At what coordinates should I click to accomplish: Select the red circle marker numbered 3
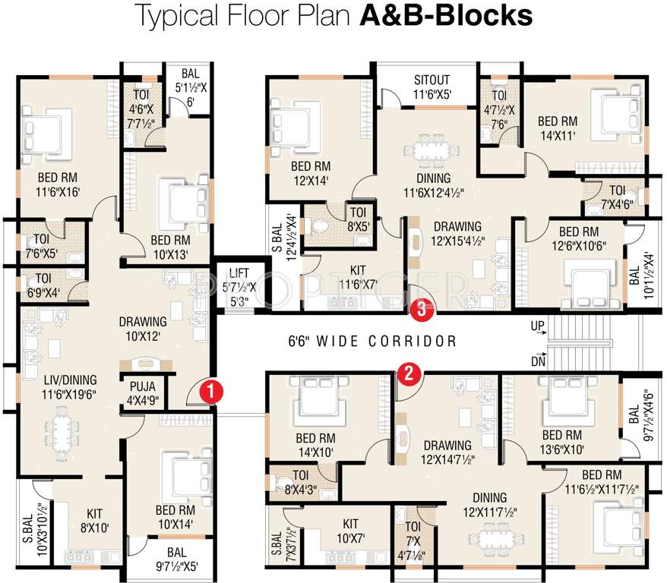(422, 309)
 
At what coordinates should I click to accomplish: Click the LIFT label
(239, 273)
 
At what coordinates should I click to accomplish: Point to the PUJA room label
(143, 386)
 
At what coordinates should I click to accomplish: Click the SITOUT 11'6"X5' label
(431, 87)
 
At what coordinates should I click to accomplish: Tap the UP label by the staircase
(537, 326)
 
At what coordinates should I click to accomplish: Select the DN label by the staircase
(538, 361)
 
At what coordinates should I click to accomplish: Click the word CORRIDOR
(413, 341)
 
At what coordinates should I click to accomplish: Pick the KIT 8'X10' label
(95, 521)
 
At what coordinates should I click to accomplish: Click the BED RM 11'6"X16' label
(58, 184)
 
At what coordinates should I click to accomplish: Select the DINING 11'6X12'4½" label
(434, 185)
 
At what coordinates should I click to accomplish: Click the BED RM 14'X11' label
(558, 128)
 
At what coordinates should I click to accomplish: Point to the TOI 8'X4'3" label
(301, 482)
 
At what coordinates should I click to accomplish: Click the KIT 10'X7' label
(351, 531)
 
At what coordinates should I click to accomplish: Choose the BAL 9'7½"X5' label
(176, 559)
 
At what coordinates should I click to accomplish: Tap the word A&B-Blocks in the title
(446, 15)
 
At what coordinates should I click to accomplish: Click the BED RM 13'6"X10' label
(562, 442)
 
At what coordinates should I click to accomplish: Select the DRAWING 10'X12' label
(143, 329)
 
